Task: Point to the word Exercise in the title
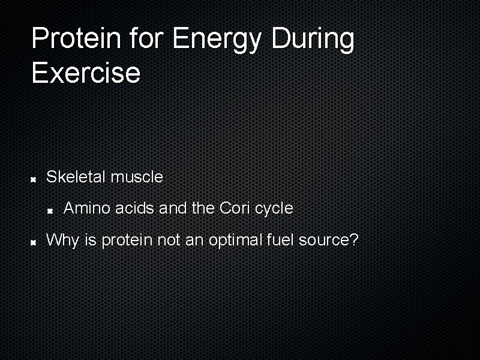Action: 86,73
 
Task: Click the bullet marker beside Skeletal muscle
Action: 35,178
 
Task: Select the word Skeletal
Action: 76,177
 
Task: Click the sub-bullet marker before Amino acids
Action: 52,210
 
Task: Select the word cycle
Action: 274,209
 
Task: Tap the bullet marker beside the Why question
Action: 35,242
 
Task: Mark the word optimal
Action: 235,241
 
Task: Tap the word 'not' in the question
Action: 167,241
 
